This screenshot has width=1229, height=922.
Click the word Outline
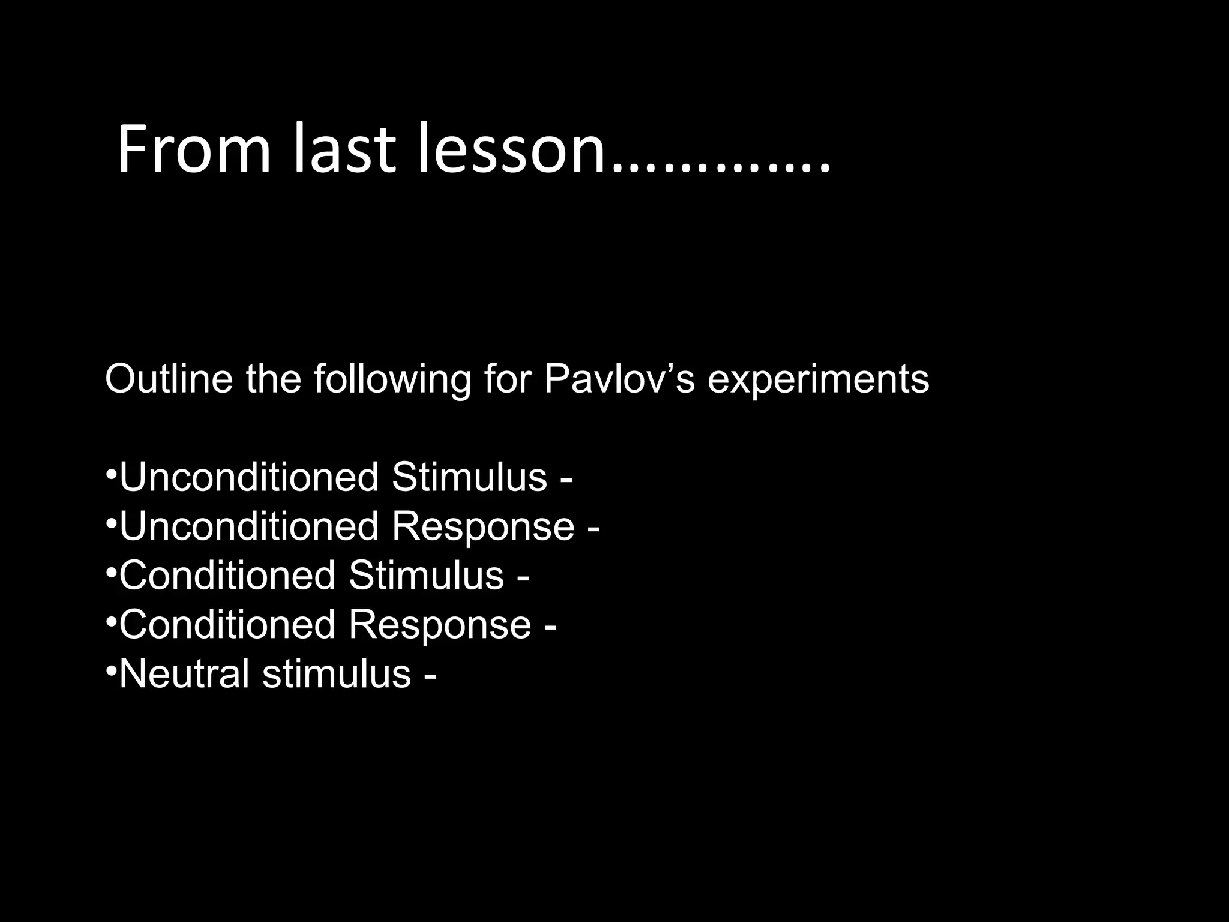(169, 379)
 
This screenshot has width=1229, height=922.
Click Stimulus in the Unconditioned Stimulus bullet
(469, 478)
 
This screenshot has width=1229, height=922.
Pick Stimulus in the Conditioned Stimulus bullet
(426, 576)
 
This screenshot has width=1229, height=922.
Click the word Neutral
(184, 674)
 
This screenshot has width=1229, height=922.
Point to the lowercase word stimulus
(336, 674)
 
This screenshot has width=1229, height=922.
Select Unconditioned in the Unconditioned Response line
(249, 527)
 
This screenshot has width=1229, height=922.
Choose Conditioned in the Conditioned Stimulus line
(227, 576)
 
